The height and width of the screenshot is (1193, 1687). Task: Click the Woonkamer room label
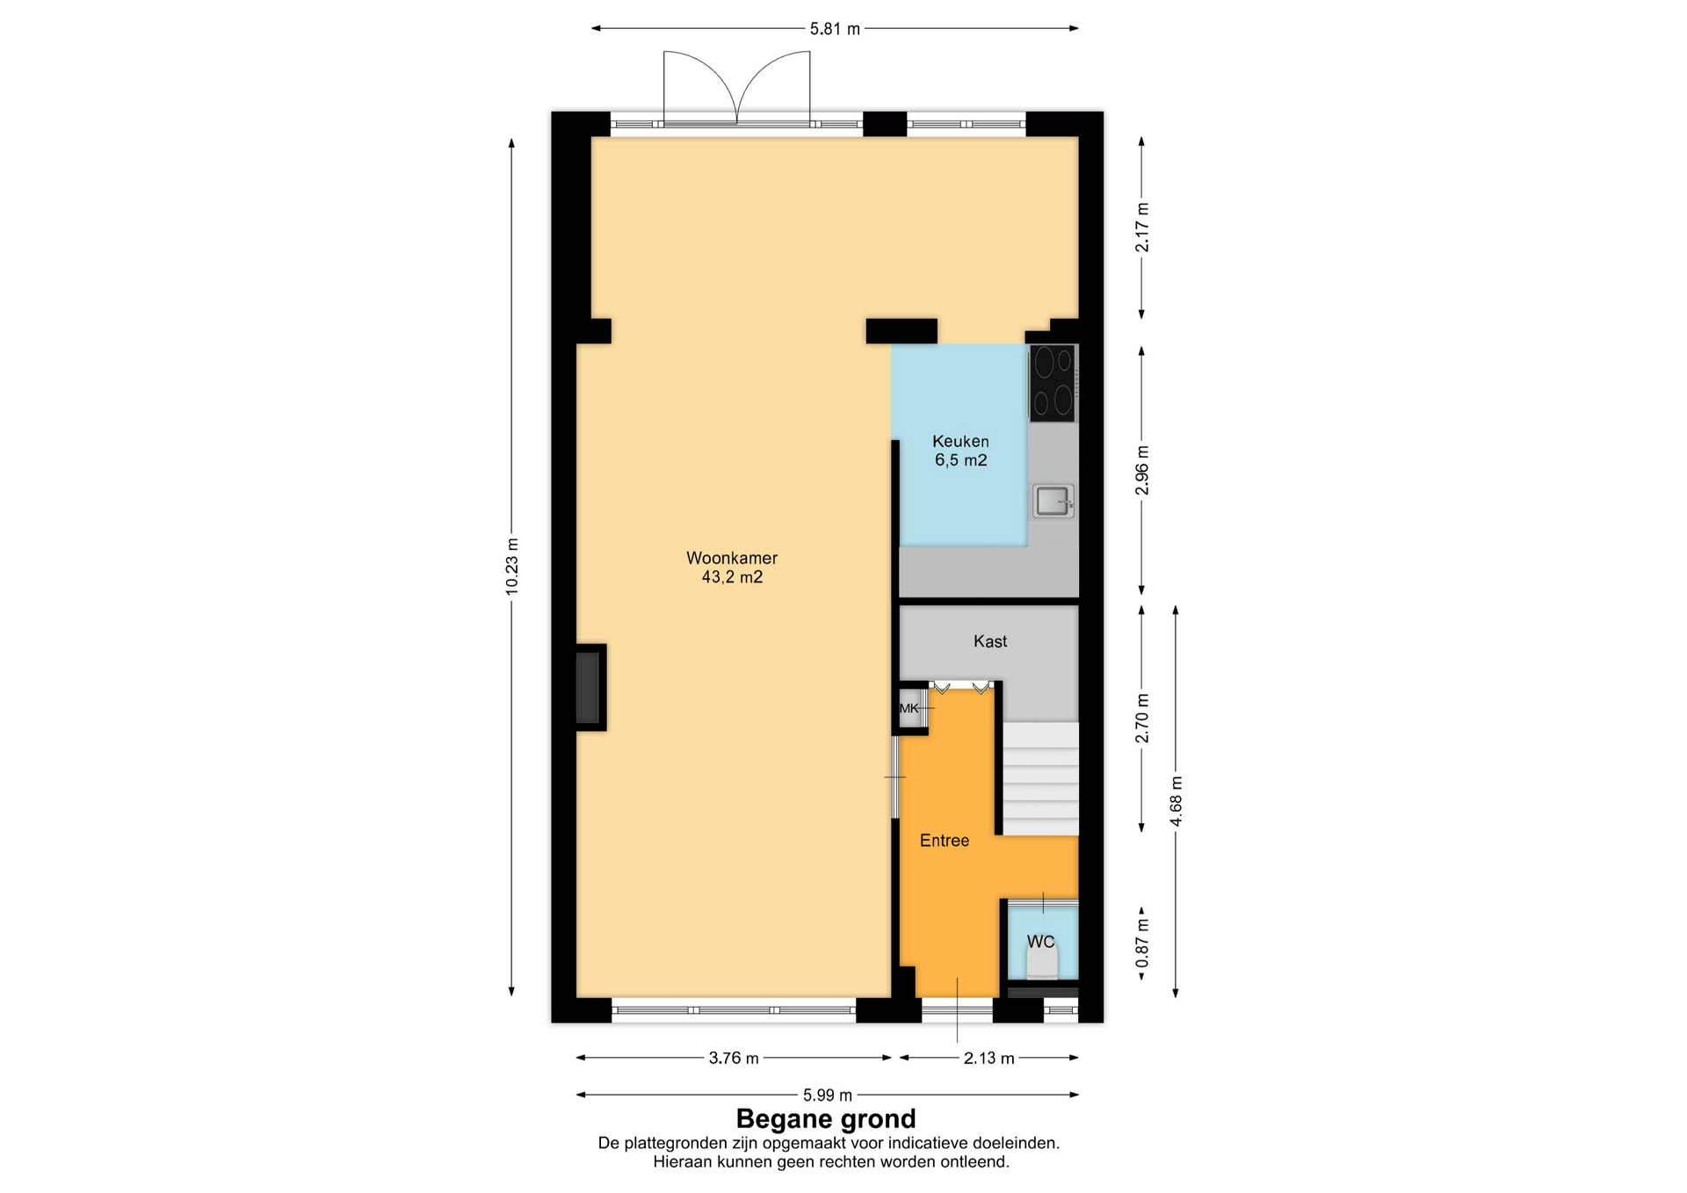click(x=732, y=558)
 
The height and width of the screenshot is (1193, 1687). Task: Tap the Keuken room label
click(x=960, y=441)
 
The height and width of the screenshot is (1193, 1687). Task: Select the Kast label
click(x=990, y=641)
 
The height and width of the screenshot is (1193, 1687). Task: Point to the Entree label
click(x=945, y=841)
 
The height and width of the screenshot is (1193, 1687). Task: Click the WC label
click(x=1040, y=942)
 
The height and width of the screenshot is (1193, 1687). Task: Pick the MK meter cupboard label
click(x=909, y=708)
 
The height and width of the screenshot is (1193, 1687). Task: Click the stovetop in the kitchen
click(x=1053, y=383)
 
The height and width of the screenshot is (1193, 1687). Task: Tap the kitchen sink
click(x=1053, y=501)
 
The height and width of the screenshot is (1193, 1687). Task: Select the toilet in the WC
click(x=1043, y=964)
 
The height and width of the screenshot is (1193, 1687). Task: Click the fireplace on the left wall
click(x=590, y=687)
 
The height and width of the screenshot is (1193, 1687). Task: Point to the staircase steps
click(x=1041, y=778)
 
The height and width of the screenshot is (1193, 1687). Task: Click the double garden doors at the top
click(x=736, y=87)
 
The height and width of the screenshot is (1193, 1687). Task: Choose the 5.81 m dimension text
click(x=835, y=29)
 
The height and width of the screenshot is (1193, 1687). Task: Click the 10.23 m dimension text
click(x=512, y=567)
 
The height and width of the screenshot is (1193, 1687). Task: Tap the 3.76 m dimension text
click(x=734, y=1059)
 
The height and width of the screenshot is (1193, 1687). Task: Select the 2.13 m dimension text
click(x=989, y=1059)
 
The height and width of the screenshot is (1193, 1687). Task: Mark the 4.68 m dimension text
click(x=1176, y=801)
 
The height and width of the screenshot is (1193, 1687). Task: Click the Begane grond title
click(x=826, y=1118)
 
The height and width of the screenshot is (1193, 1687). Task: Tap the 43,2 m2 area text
click(x=732, y=577)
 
